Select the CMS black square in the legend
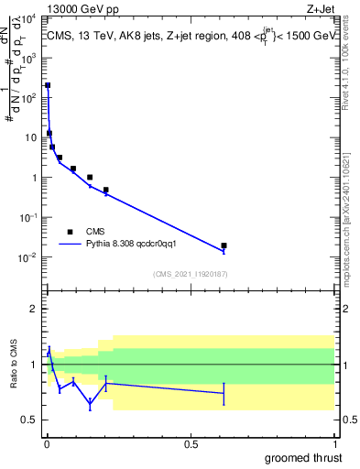pyautogui.click(x=70, y=232)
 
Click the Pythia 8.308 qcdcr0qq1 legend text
pyautogui.click(x=137, y=245)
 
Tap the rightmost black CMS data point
pyautogui.click(x=224, y=245)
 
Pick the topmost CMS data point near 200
pyautogui.click(x=48, y=85)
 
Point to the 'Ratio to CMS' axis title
pyautogui.click(x=15, y=365)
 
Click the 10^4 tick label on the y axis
pyautogui.click(x=28, y=18)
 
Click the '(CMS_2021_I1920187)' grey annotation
pyautogui.click(x=190, y=274)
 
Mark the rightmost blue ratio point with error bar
pyautogui.click(x=224, y=393)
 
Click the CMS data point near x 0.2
pyautogui.click(x=106, y=190)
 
